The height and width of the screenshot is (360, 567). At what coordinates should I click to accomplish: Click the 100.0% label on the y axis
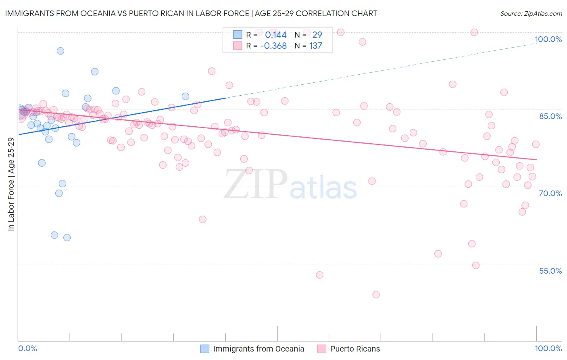[548, 39]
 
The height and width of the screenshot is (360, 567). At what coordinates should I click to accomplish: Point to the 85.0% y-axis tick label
[550, 116]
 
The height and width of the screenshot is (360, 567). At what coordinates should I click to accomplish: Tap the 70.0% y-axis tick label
[550, 193]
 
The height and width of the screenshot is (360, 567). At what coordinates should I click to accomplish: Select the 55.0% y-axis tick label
[550, 271]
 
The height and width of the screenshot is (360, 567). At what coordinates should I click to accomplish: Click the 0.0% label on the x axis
[27, 348]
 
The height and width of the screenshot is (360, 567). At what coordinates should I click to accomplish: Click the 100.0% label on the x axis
[548, 348]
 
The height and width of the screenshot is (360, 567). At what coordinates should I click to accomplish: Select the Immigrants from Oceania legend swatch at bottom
[205, 349]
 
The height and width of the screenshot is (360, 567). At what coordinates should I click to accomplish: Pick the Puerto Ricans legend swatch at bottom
[322, 349]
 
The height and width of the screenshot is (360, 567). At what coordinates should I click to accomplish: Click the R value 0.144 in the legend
[276, 35]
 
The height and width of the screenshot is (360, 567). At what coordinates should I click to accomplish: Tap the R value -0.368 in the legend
[273, 46]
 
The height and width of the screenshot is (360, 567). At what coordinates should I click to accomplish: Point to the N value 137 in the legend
[316, 46]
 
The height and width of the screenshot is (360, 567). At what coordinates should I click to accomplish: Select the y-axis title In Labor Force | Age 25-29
[11, 184]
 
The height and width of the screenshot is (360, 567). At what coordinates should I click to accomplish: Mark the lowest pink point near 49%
[376, 295]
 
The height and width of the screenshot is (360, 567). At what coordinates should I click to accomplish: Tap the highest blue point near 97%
[60, 51]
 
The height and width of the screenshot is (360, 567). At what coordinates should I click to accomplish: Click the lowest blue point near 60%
[67, 238]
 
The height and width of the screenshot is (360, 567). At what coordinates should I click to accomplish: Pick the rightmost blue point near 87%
[186, 96]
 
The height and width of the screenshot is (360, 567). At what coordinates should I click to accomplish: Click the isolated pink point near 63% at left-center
[203, 220]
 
